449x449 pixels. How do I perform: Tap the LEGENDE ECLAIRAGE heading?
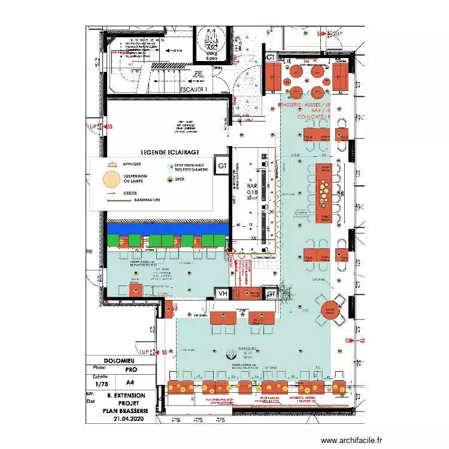(x=169, y=153)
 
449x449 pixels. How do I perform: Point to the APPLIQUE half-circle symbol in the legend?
(x=111, y=163)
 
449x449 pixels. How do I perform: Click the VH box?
(x=223, y=293)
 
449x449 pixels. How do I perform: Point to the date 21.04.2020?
(x=126, y=418)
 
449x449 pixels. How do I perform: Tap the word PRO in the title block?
(x=131, y=370)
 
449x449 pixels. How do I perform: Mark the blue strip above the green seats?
(x=167, y=228)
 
